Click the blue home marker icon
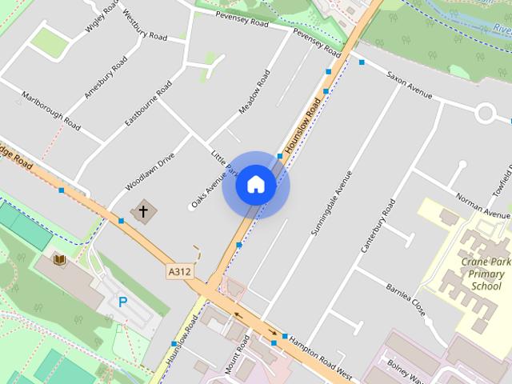point(256,185)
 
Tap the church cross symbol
point(144,212)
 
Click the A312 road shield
point(180,272)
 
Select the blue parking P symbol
point(122,302)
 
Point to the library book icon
point(59,259)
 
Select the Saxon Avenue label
point(409,87)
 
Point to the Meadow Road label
point(254,93)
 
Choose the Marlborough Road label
point(52,111)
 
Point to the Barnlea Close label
point(407,298)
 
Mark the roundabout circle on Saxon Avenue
point(486,113)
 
